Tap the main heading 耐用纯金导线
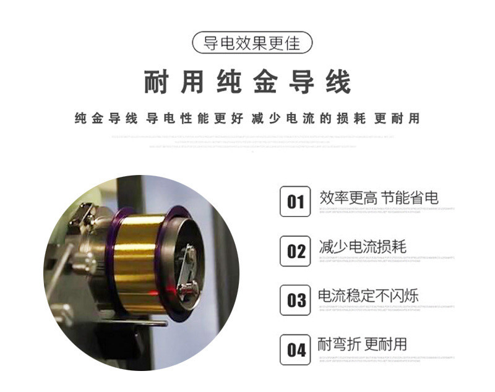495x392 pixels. click(x=247, y=82)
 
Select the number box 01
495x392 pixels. click(x=295, y=202)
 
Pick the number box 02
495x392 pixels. click(x=295, y=251)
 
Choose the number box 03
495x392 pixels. click(x=295, y=300)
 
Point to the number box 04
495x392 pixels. click(x=295, y=349)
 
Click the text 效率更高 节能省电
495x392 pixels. click(x=379, y=198)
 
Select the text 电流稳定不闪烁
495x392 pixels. click(x=368, y=296)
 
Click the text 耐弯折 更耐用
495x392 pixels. click(x=362, y=344)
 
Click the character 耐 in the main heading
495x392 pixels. click(x=155, y=82)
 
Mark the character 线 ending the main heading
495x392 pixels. click(x=338, y=82)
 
